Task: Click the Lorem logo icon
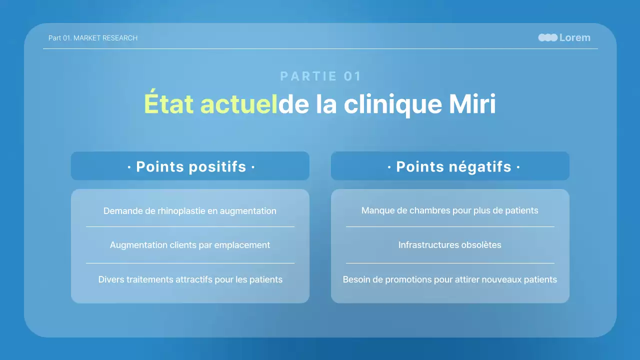[547, 37]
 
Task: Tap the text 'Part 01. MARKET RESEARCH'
[93, 38]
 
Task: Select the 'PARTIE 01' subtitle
[320, 76]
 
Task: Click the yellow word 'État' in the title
[169, 104]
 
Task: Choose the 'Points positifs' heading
[191, 166]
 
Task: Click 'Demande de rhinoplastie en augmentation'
[190, 211]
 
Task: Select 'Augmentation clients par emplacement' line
[190, 245]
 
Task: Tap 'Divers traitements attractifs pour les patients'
[190, 279]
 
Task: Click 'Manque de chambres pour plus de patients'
[450, 210]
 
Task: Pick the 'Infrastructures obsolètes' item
[450, 245]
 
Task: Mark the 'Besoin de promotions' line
[450, 279]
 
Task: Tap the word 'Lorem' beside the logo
[575, 37]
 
